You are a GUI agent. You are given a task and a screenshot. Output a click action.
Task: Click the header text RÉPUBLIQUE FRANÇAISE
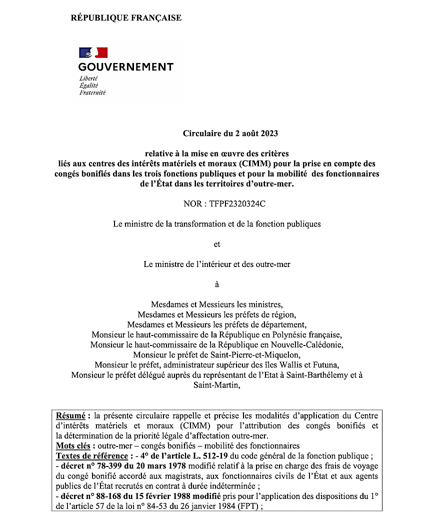click(126, 18)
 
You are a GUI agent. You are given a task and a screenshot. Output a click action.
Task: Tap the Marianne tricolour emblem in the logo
click(93, 52)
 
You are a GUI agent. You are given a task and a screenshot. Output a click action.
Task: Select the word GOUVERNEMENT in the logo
click(126, 67)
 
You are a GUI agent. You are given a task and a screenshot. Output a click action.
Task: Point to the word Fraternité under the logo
click(92, 92)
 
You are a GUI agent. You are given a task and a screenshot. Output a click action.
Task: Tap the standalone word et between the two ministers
click(216, 244)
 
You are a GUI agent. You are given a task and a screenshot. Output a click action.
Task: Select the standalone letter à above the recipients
click(216, 284)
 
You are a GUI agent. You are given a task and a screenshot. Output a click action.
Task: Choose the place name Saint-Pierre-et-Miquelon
click(258, 354)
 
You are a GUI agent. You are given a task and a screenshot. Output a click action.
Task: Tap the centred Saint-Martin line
click(216, 384)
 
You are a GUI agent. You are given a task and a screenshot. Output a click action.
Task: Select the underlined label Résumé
click(70, 415)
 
